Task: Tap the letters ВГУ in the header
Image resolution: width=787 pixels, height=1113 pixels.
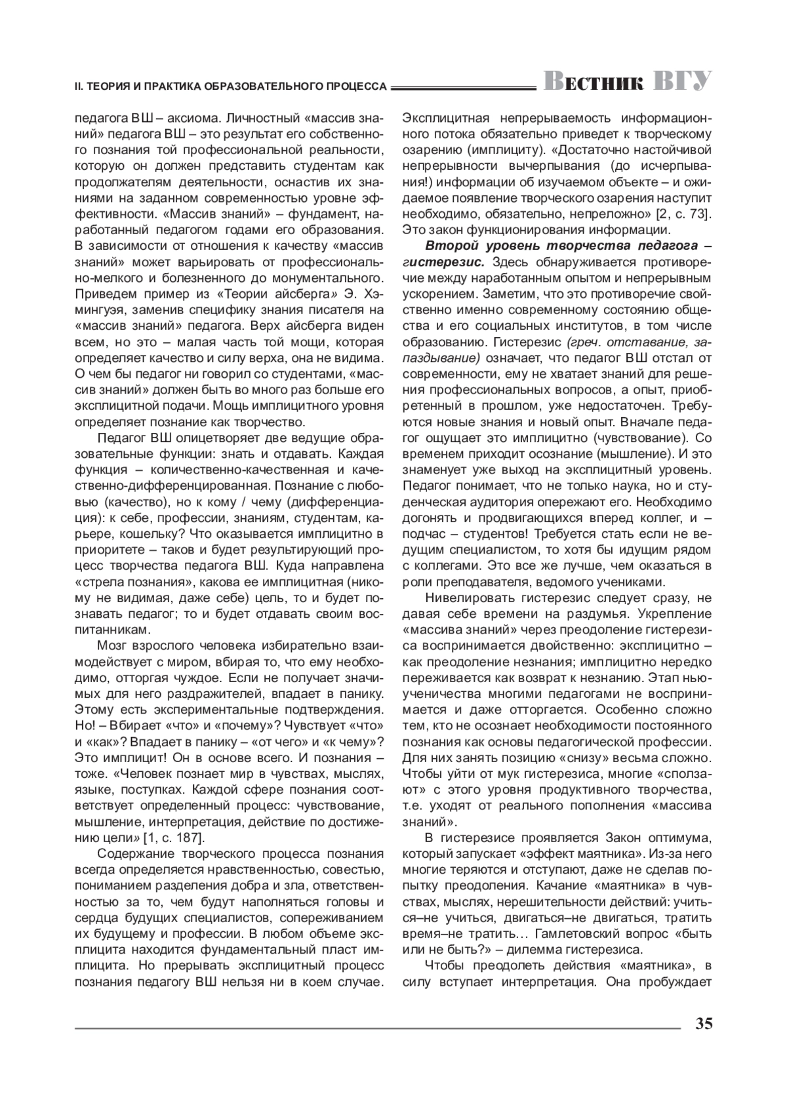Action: [682, 82]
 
